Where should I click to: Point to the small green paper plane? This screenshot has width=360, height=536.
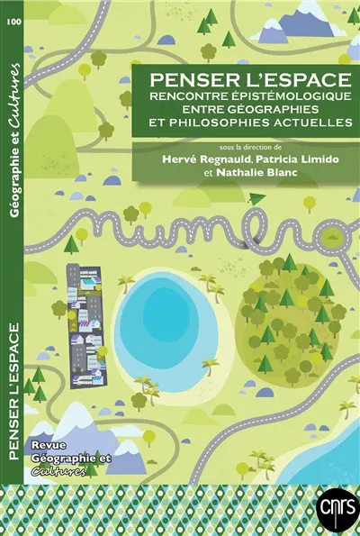pos(256,198)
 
